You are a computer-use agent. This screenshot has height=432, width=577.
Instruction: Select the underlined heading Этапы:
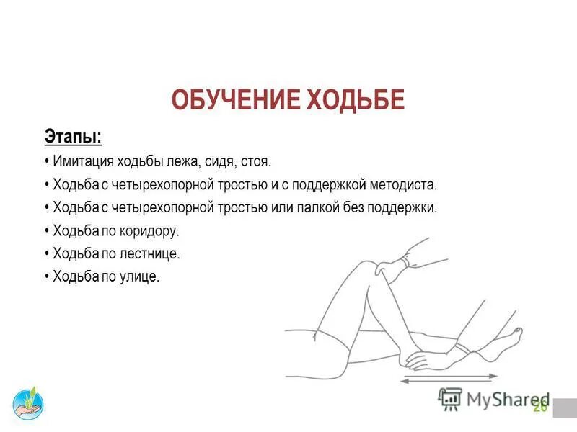[x=73, y=137]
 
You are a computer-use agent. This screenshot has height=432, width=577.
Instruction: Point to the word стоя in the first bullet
[x=257, y=161]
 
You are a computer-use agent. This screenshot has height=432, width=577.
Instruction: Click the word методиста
[x=404, y=184]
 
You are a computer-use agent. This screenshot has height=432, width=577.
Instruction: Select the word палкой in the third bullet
[x=331, y=207]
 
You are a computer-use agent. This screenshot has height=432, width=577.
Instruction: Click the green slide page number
[x=539, y=408]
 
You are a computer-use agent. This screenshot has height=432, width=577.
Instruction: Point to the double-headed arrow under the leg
[x=447, y=377]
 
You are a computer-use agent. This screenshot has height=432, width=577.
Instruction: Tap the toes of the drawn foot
[x=515, y=332]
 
